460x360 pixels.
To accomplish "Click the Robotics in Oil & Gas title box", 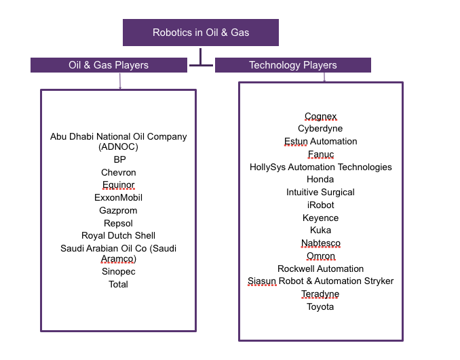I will [x=201, y=33].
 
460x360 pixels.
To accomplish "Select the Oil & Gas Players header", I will [x=109, y=65].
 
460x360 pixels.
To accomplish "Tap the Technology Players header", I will [x=292, y=65].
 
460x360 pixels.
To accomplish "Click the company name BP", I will [x=119, y=159].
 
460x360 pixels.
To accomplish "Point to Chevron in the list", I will [x=119, y=172].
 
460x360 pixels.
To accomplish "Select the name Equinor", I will [x=119, y=185].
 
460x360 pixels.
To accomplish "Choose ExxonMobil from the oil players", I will [x=119, y=197].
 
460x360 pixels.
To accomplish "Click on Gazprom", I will [x=119, y=210].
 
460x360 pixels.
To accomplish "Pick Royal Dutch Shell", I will [x=119, y=235].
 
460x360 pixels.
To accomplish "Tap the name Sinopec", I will [x=119, y=271].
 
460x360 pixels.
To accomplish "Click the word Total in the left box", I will [x=119, y=284].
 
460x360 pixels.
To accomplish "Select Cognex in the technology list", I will [x=320, y=116].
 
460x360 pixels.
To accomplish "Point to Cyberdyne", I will [x=320, y=128].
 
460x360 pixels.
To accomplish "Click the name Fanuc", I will [x=320, y=154].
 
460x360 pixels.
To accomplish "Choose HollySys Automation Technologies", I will [x=320, y=167].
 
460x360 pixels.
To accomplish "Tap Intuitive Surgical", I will [x=320, y=192].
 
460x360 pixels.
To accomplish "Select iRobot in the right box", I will [x=320, y=205].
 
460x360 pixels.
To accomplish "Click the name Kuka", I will [x=320, y=231].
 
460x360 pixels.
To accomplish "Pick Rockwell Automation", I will [x=320, y=268].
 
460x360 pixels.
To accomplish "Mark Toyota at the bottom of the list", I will [x=320, y=306].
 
